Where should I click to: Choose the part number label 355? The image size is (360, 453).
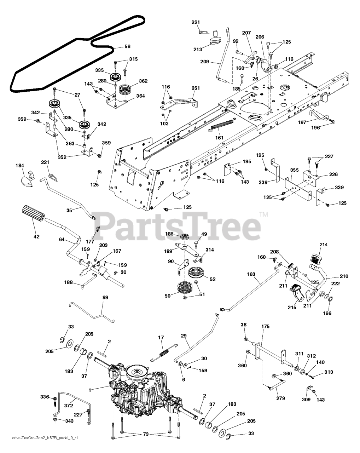coord(294,170)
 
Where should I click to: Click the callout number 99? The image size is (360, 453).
coord(105,298)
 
